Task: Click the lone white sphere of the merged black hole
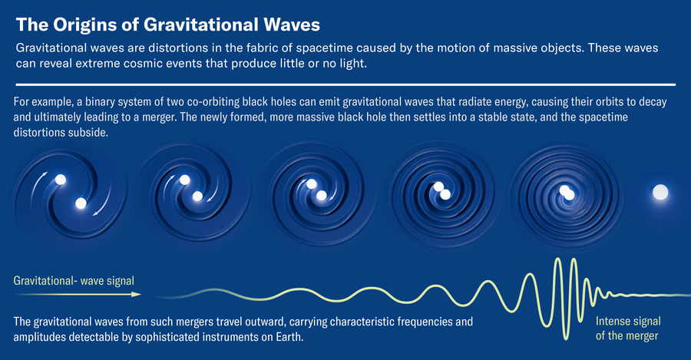pos(660,193)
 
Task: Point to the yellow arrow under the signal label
pos(77,294)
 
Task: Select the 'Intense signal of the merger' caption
pos(627,329)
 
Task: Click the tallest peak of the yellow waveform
pos(555,261)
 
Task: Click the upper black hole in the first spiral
pos(61,180)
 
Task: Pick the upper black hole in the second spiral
pos(185,180)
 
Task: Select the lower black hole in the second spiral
pos(197,197)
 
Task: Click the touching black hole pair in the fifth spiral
pos(567,193)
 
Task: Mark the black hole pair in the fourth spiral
pos(441,191)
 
